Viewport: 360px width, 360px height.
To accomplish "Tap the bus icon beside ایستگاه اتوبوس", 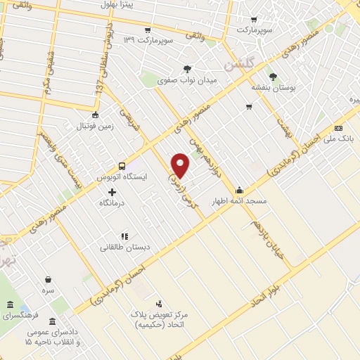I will coord(122,167).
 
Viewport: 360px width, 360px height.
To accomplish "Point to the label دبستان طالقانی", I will coord(124,247).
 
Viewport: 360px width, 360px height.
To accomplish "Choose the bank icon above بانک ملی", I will coord(339,129).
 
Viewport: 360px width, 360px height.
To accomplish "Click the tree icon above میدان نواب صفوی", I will coord(187,69).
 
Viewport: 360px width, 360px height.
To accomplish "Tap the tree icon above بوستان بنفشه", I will coord(273,77).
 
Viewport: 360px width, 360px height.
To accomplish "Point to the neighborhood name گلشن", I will coord(239,65).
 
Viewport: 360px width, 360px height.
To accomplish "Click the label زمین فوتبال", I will coord(94,126).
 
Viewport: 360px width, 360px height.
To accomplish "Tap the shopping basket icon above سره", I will coord(48,279).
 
